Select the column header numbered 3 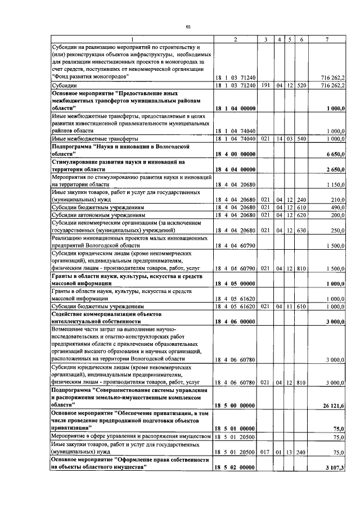point(265,39)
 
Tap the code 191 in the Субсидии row point(265,85)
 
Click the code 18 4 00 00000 point(236,154)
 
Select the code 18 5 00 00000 point(236,404)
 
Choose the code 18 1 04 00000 point(236,107)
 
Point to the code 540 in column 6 point(302,138)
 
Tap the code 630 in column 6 point(302,230)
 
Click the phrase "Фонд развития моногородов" point(90,75)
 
